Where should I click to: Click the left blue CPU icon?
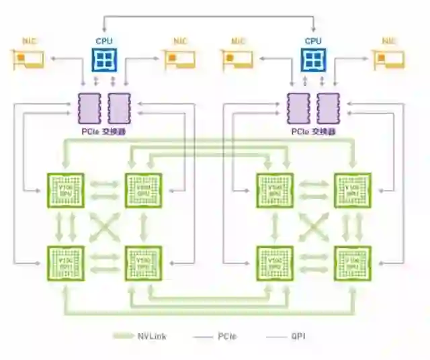104,60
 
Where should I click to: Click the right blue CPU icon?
313,60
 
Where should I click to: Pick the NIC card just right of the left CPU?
179,59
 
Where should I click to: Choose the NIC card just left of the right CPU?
238,59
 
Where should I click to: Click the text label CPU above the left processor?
104,41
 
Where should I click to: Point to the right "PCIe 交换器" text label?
312,132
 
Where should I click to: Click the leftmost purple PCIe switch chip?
88,107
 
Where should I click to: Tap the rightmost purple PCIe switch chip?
328,107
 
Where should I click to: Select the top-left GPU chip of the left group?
66,190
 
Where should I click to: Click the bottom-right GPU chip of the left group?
144,262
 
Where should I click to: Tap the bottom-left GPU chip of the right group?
274,262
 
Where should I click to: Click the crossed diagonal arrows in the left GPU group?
105,226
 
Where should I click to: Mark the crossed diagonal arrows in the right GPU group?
313,226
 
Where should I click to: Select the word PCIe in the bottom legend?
226,336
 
